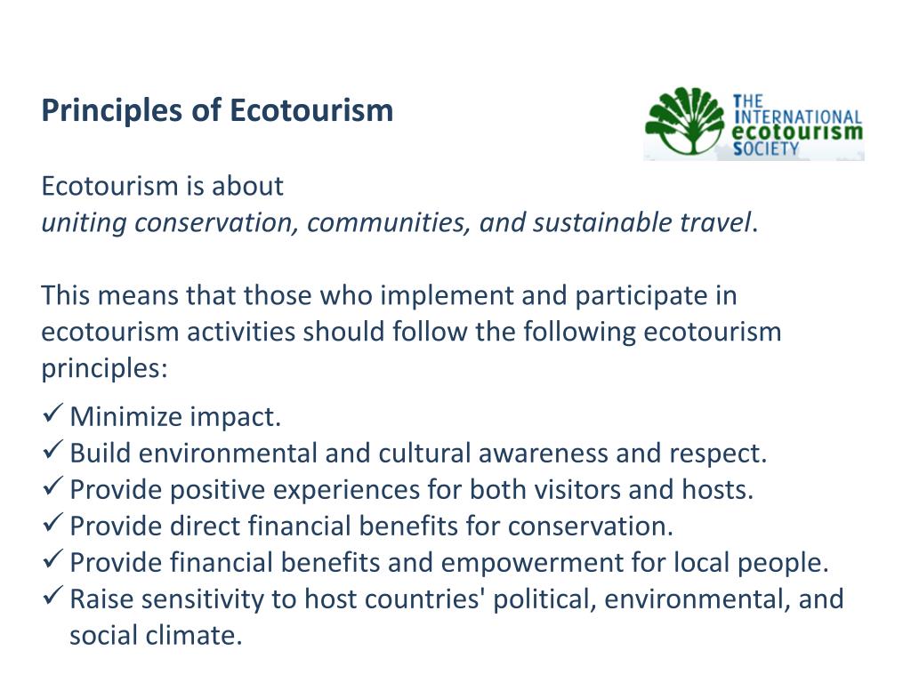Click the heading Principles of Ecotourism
click(x=217, y=111)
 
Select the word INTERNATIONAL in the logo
click(x=799, y=117)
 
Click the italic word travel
click(x=716, y=222)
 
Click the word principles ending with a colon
click(x=104, y=368)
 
